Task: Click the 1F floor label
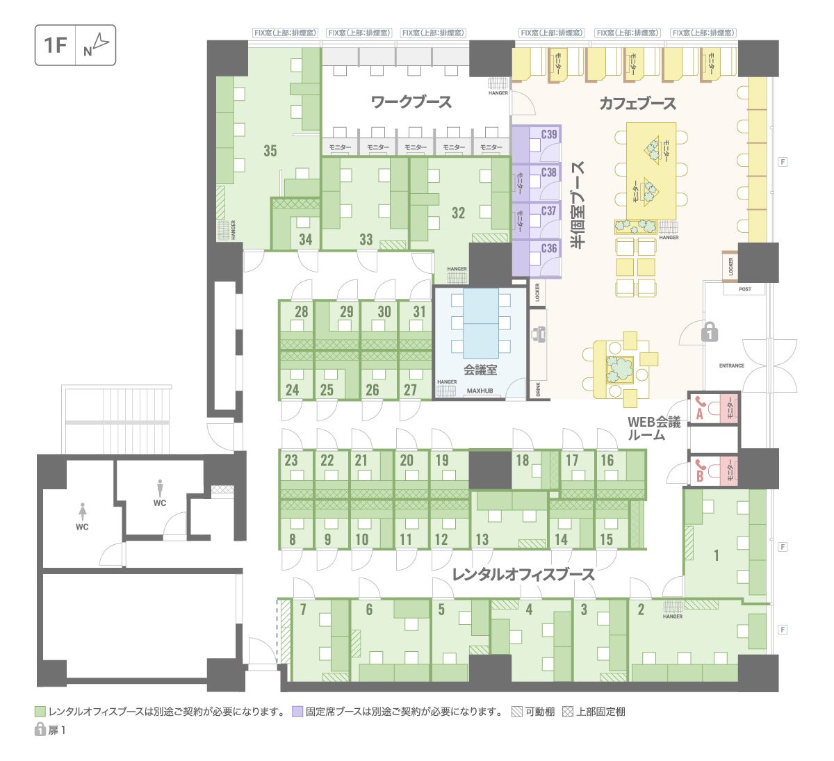coord(55,46)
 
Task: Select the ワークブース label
coord(411,102)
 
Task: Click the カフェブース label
coord(637,104)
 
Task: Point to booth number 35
coord(270,150)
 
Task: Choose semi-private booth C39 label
coord(549,134)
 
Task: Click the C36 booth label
coord(549,248)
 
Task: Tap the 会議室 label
coord(480,370)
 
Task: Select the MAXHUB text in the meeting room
coord(480,391)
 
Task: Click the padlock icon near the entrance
coord(709,332)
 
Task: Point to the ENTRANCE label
coord(731,366)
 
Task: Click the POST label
coord(745,289)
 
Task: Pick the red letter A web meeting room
coord(700,413)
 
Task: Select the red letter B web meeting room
coord(700,476)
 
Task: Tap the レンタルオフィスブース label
coord(523,575)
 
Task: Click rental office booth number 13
coord(482,539)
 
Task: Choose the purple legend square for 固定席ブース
coord(297,712)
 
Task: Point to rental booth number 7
coord(303,610)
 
